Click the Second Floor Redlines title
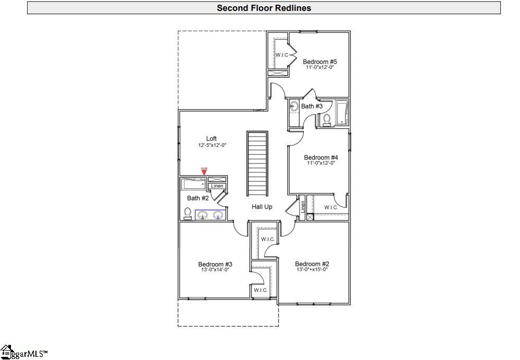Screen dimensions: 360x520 click(264, 8)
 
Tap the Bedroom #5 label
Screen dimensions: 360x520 click(320, 62)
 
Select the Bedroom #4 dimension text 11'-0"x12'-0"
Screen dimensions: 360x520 click(320, 163)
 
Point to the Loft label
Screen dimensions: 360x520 click(212, 139)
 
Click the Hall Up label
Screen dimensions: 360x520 click(262, 207)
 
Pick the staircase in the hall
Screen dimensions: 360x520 click(257, 164)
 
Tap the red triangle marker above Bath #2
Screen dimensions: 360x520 click(204, 172)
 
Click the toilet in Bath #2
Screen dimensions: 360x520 click(188, 213)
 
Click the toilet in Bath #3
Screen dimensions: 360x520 click(327, 119)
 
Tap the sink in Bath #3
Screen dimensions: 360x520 click(294, 107)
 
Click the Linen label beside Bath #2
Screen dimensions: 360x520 click(217, 186)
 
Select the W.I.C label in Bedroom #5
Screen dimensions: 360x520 click(282, 55)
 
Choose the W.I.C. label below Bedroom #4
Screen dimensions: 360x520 click(331, 207)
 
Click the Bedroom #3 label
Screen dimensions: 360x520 click(215, 264)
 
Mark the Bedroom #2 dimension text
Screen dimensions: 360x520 click(312, 269)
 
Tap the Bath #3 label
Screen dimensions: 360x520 click(312, 106)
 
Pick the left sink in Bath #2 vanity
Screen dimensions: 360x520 click(202, 215)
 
